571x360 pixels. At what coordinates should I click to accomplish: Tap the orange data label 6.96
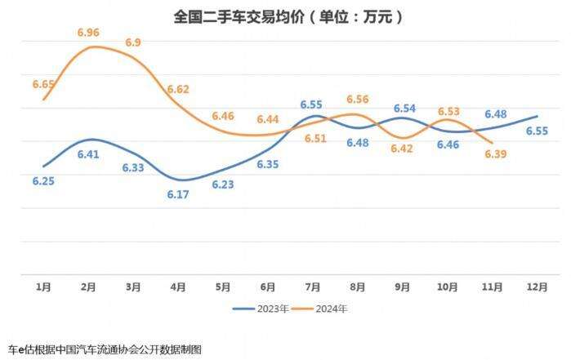pyautogui.click(x=89, y=33)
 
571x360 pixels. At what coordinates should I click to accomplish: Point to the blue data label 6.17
pyautogui.click(x=178, y=194)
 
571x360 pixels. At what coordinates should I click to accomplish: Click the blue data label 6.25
pyautogui.click(x=42, y=180)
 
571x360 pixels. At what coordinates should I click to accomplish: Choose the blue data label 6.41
pyautogui.click(x=88, y=153)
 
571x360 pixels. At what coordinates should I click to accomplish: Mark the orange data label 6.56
pyautogui.click(x=358, y=100)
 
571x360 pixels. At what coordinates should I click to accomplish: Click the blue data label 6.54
pyautogui.click(x=404, y=108)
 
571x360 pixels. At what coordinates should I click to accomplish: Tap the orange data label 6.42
pyautogui.click(x=403, y=149)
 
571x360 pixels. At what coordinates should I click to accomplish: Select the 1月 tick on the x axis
pyautogui.click(x=44, y=287)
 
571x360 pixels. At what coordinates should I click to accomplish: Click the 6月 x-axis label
pyautogui.click(x=268, y=287)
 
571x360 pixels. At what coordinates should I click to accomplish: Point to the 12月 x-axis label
pyautogui.click(x=536, y=287)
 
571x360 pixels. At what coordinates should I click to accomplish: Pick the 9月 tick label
pyautogui.click(x=403, y=287)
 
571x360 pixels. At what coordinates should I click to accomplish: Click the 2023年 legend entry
pyautogui.click(x=260, y=309)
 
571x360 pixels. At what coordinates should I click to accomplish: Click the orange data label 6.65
pyautogui.click(x=42, y=84)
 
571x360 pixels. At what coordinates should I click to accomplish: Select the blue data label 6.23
pyautogui.click(x=223, y=184)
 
